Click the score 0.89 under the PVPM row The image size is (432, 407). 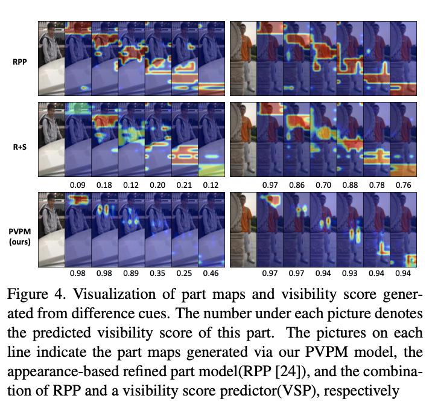pos(131,274)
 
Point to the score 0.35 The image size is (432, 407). pos(157,274)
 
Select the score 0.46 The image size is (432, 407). pos(211,274)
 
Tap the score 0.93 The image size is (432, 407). pos(349,274)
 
